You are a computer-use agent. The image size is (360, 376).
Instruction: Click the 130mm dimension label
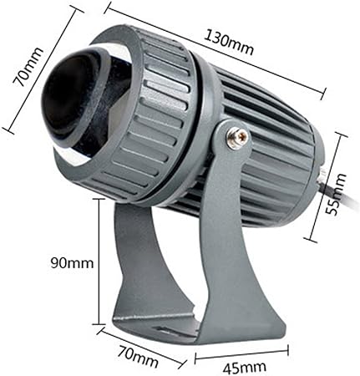(x=229, y=43)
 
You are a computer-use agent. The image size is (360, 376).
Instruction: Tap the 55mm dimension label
(x=336, y=194)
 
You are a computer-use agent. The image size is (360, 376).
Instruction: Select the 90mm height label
(x=72, y=263)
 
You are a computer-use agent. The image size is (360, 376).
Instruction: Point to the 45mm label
(x=244, y=368)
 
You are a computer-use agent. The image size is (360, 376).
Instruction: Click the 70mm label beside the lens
(x=28, y=67)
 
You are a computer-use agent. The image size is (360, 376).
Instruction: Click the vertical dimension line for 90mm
(x=99, y=262)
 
